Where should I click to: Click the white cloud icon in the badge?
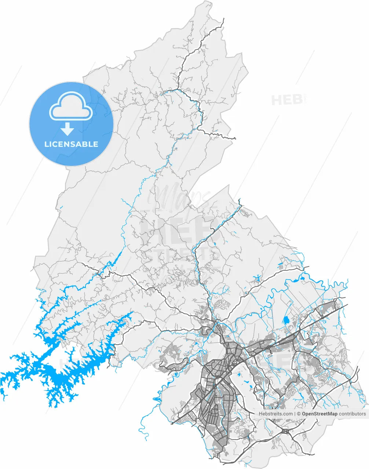(71, 106)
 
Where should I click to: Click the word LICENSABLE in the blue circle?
(71, 144)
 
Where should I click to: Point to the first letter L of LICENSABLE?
(46, 144)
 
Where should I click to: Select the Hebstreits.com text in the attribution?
(275, 414)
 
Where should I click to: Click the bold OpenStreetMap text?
(319, 414)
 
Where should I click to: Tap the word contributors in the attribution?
(352, 414)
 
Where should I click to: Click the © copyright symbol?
(299, 414)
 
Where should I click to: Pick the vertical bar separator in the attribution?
(295, 414)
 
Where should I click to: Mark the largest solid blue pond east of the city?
(286, 321)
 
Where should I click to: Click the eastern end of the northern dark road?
(235, 139)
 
